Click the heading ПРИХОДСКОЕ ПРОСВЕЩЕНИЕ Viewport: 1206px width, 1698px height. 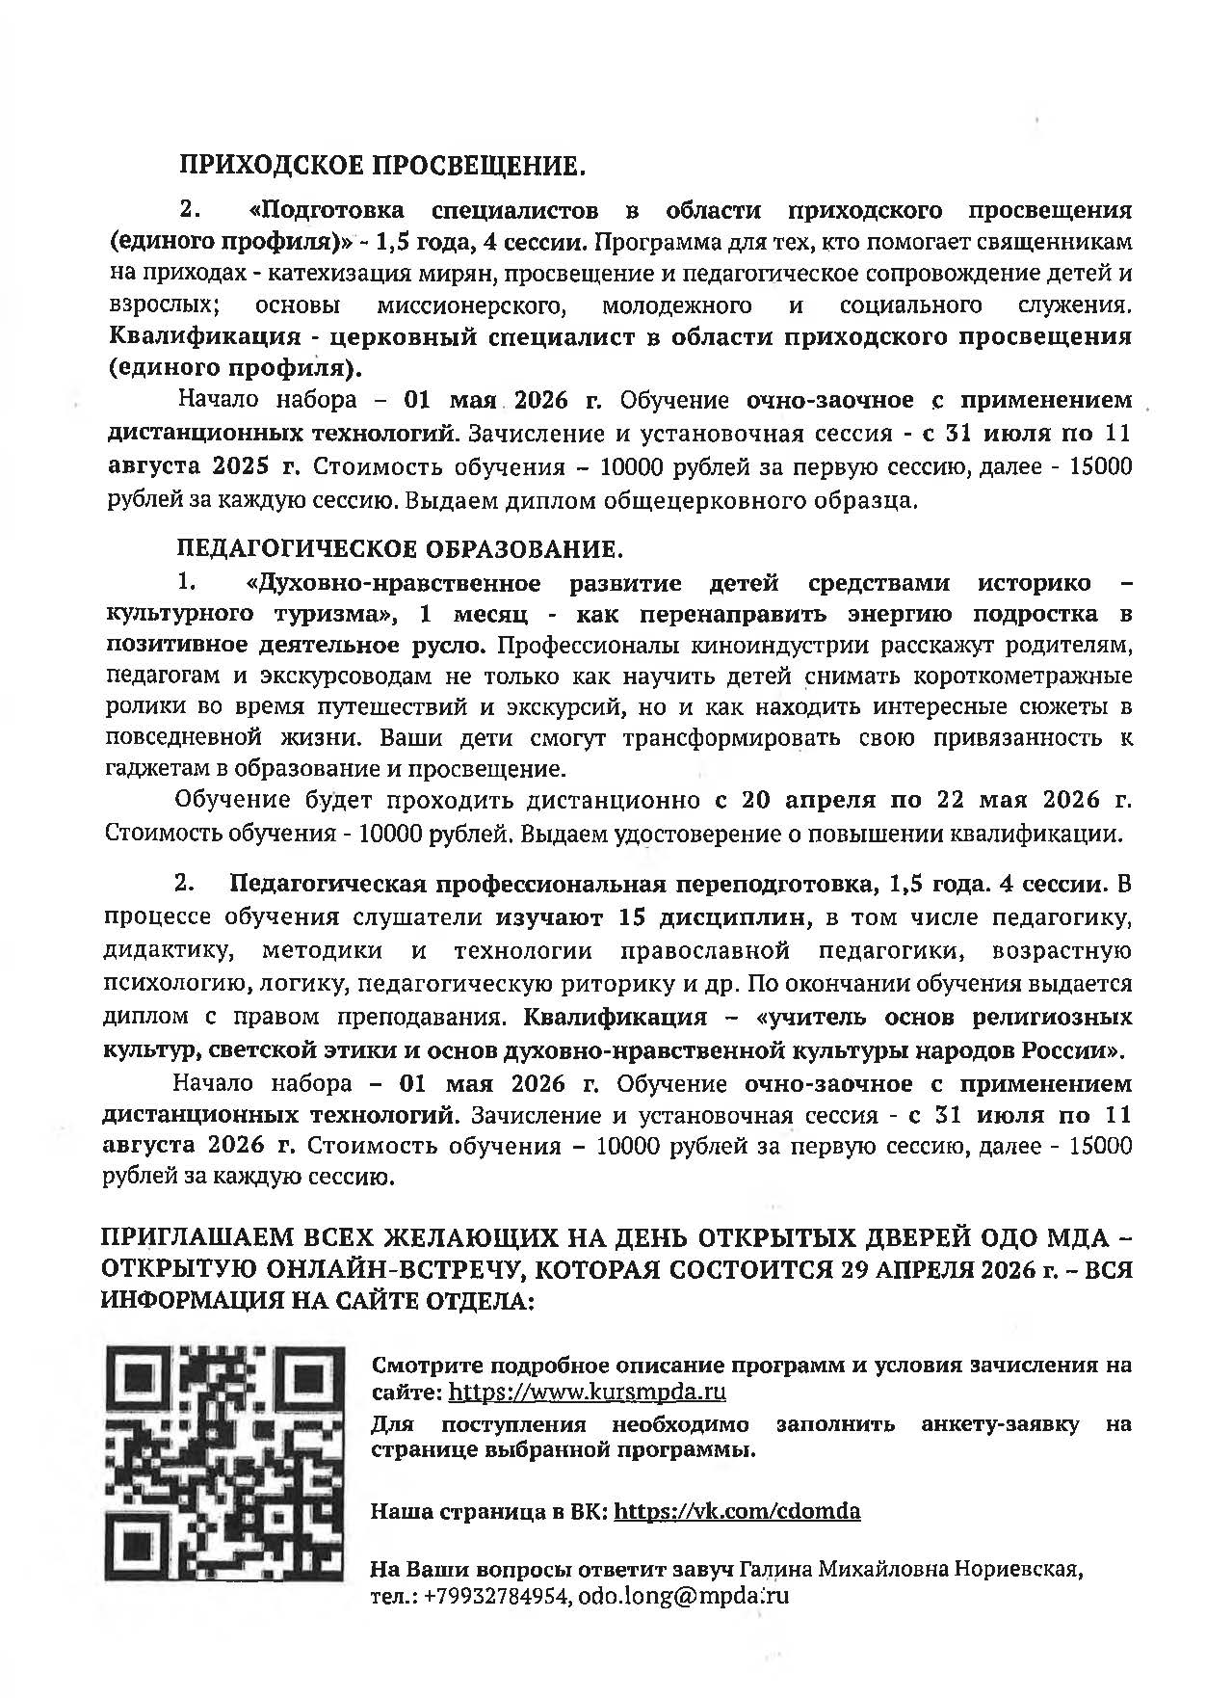(x=381, y=168)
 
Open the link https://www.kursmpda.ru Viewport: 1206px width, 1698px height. (x=588, y=1393)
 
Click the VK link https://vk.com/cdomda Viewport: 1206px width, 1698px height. (x=737, y=1511)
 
